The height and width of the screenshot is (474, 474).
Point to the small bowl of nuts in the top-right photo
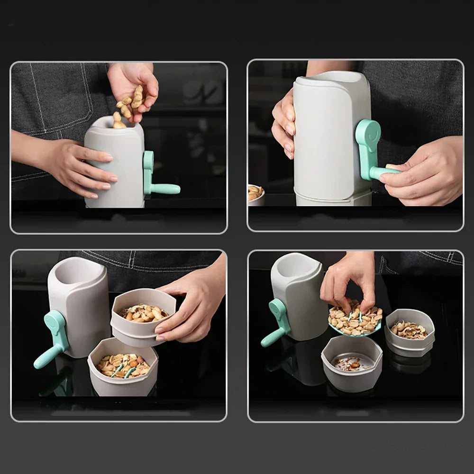(x=255, y=193)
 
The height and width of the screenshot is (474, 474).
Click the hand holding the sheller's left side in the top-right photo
(x=284, y=123)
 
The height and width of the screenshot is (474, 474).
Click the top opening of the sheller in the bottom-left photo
(x=76, y=270)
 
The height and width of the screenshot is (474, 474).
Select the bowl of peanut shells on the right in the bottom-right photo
(x=410, y=332)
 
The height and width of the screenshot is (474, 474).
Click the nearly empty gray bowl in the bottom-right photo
(x=352, y=363)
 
